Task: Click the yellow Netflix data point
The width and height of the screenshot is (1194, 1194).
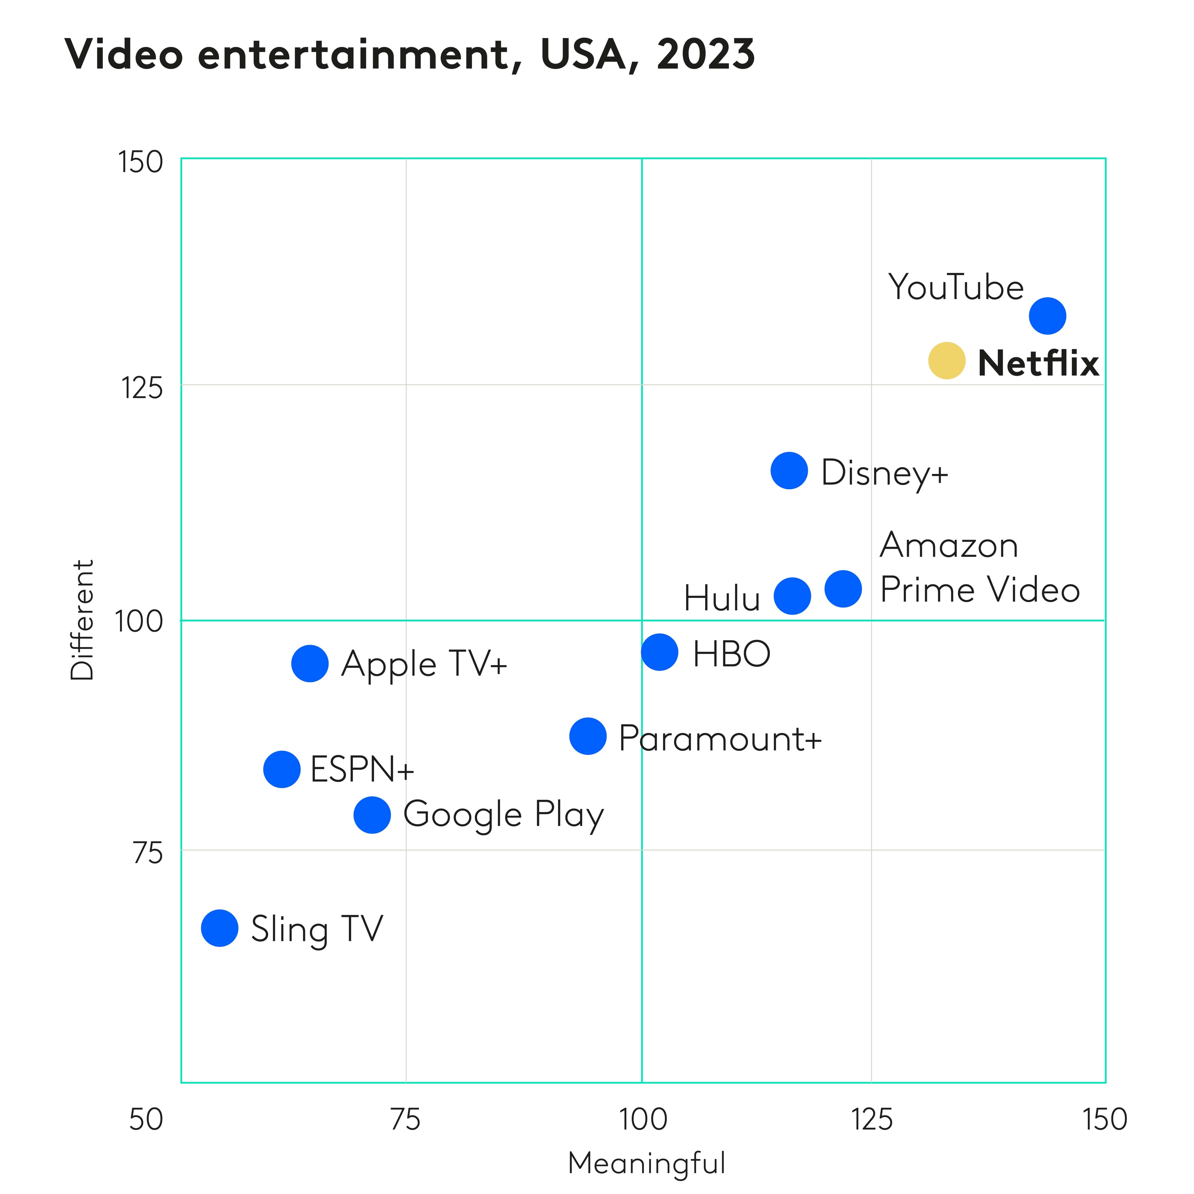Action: [x=946, y=360]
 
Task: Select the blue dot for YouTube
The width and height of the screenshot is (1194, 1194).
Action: [x=1047, y=316]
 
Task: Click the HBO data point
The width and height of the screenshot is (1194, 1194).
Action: [x=659, y=652]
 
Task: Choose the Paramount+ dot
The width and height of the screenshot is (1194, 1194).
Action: [x=588, y=736]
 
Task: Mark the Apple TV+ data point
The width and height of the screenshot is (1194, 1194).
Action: [x=310, y=664]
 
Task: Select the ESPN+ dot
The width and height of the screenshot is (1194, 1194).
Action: [x=282, y=769]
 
